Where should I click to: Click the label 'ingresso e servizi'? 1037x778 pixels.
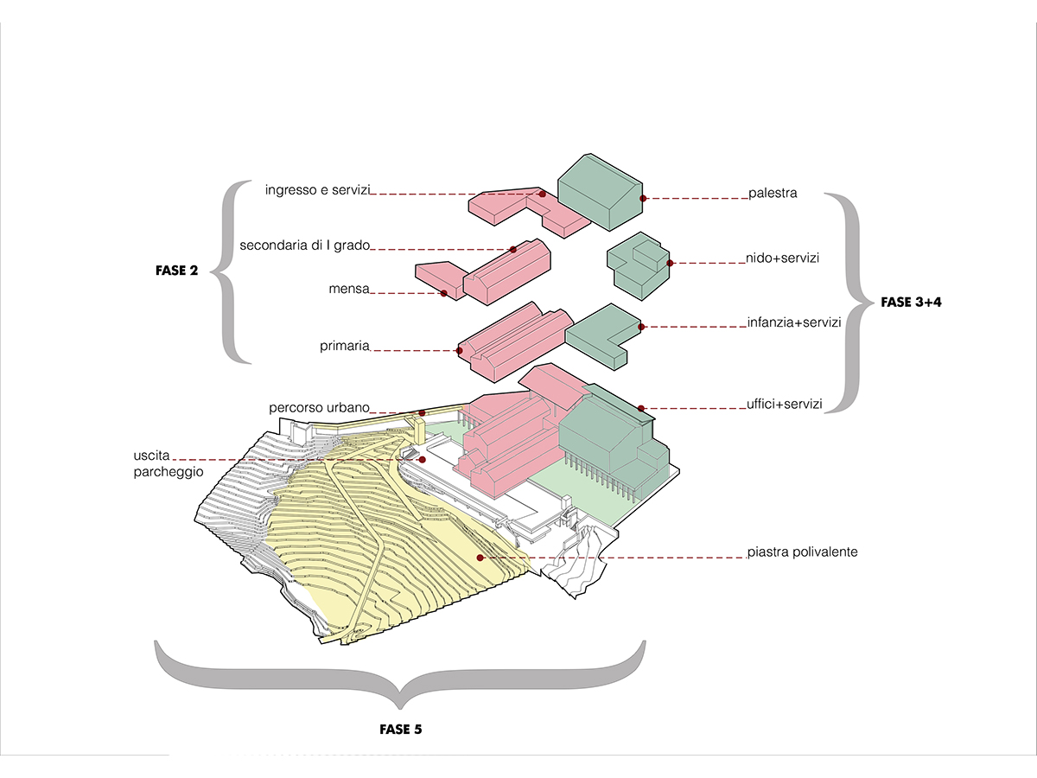(316, 189)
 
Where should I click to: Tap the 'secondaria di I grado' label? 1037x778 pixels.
(304, 245)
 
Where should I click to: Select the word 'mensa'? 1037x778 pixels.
(349, 289)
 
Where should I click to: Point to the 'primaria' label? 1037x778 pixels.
(344, 346)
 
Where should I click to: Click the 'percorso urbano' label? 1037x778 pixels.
(319, 407)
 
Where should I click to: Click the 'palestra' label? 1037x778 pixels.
(773, 194)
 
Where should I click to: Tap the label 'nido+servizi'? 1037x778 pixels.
(783, 258)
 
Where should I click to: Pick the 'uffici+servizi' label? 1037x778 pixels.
(784, 403)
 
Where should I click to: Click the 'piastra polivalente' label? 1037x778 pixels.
(802, 552)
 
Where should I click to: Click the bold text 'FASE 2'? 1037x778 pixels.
(176, 271)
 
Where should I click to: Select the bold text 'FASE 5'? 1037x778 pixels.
(401, 729)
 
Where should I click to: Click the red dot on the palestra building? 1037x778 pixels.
(643, 198)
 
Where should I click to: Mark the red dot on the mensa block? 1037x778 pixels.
(443, 294)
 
